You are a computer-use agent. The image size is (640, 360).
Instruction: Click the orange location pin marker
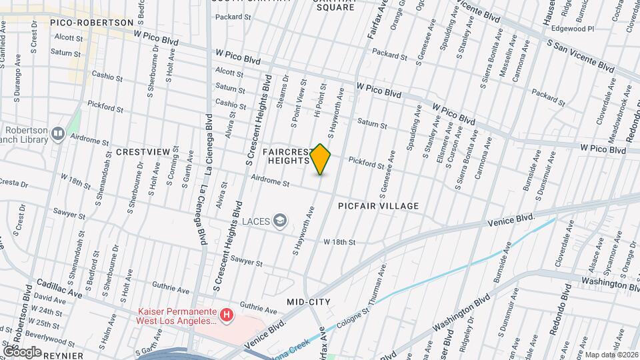pyautogui.click(x=321, y=159)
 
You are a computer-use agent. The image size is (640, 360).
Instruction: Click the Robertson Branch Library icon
pyautogui.click(x=58, y=135)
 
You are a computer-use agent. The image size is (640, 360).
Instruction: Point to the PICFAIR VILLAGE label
pyautogui.click(x=378, y=206)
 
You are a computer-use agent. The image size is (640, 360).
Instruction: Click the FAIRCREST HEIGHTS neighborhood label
pyautogui.click(x=286, y=156)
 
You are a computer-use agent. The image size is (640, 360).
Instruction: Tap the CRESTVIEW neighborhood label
pyautogui.click(x=143, y=152)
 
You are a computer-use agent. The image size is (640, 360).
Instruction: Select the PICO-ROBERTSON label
pyautogui.click(x=92, y=22)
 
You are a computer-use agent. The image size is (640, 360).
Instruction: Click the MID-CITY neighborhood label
pyautogui.click(x=309, y=302)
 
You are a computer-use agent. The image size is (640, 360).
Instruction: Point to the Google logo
pyautogui.click(x=22, y=351)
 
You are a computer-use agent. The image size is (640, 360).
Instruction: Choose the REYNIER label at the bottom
pyautogui.click(x=64, y=355)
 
